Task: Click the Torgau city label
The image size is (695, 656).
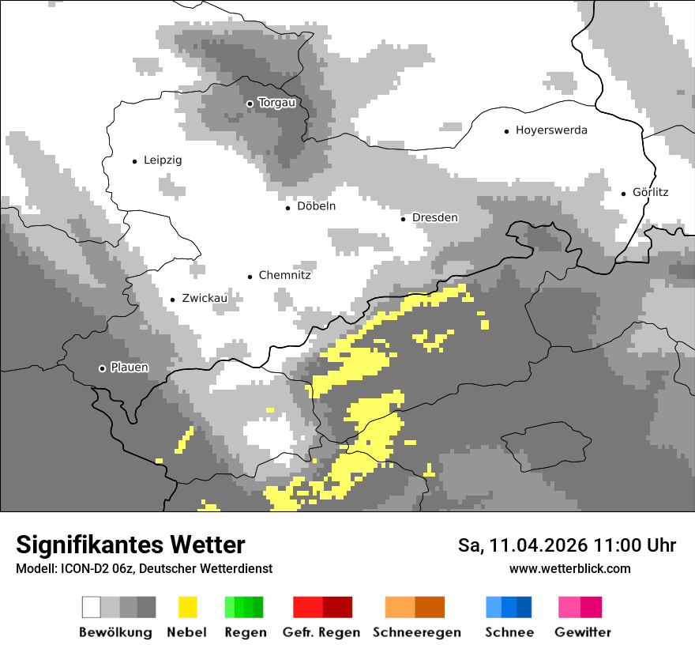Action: click(276, 103)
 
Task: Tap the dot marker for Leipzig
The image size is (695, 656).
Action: click(134, 161)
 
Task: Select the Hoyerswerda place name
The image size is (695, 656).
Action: click(551, 130)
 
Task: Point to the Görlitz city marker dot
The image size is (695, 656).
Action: click(623, 193)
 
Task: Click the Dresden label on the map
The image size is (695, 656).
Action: click(435, 218)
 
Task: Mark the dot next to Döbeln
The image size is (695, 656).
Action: click(287, 208)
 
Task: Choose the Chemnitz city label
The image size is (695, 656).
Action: click(284, 276)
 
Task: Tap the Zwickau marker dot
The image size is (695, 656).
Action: click(172, 300)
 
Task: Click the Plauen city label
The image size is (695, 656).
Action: click(129, 368)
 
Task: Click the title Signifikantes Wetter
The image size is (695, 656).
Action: click(130, 545)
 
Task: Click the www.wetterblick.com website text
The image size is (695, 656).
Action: click(569, 569)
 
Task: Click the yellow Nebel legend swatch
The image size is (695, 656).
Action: click(187, 607)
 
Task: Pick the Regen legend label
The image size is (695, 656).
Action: click(244, 632)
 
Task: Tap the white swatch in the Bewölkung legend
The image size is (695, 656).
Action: click(92, 607)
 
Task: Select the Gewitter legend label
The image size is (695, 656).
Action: click(583, 632)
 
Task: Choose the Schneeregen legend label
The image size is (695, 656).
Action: click(417, 632)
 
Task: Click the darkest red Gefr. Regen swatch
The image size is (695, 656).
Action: click(337, 607)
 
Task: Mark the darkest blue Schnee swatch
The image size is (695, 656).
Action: click(524, 607)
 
